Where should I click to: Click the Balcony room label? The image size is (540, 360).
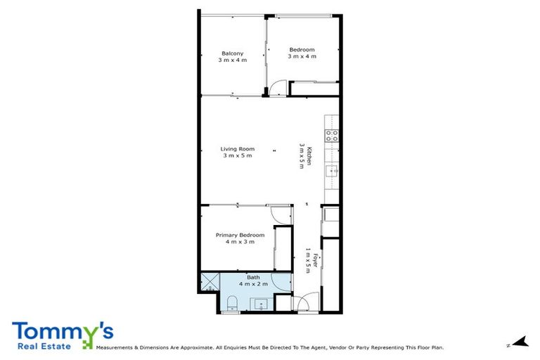(233, 53)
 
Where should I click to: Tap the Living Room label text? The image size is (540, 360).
(237, 149)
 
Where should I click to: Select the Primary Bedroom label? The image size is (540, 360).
(240, 235)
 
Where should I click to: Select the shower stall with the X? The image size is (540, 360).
(210, 283)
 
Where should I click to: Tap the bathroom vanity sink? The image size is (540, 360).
(262, 304)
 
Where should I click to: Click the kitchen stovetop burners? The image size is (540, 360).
(331, 136)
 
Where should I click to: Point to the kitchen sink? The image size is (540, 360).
(331, 171)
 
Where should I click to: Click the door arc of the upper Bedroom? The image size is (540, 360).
(278, 89)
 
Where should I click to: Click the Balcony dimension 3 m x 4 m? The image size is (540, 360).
(233, 60)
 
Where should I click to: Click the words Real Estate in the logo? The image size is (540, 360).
(46, 346)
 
